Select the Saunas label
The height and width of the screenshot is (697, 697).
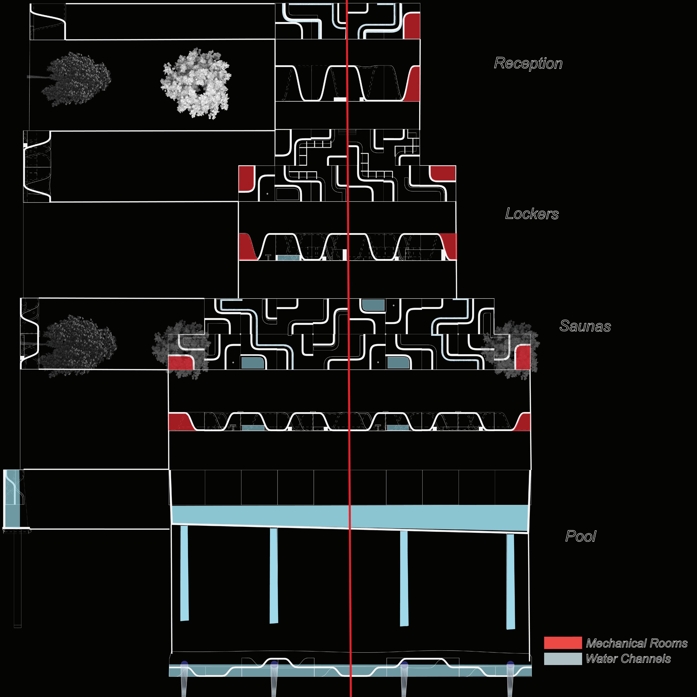click(585, 326)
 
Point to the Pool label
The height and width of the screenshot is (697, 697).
click(580, 536)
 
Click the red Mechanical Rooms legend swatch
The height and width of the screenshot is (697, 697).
click(563, 643)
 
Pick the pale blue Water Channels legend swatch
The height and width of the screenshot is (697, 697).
click(563, 659)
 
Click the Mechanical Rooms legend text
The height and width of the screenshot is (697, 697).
click(637, 643)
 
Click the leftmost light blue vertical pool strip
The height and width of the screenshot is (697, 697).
click(184, 573)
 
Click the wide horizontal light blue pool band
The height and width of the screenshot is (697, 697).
click(350, 517)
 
